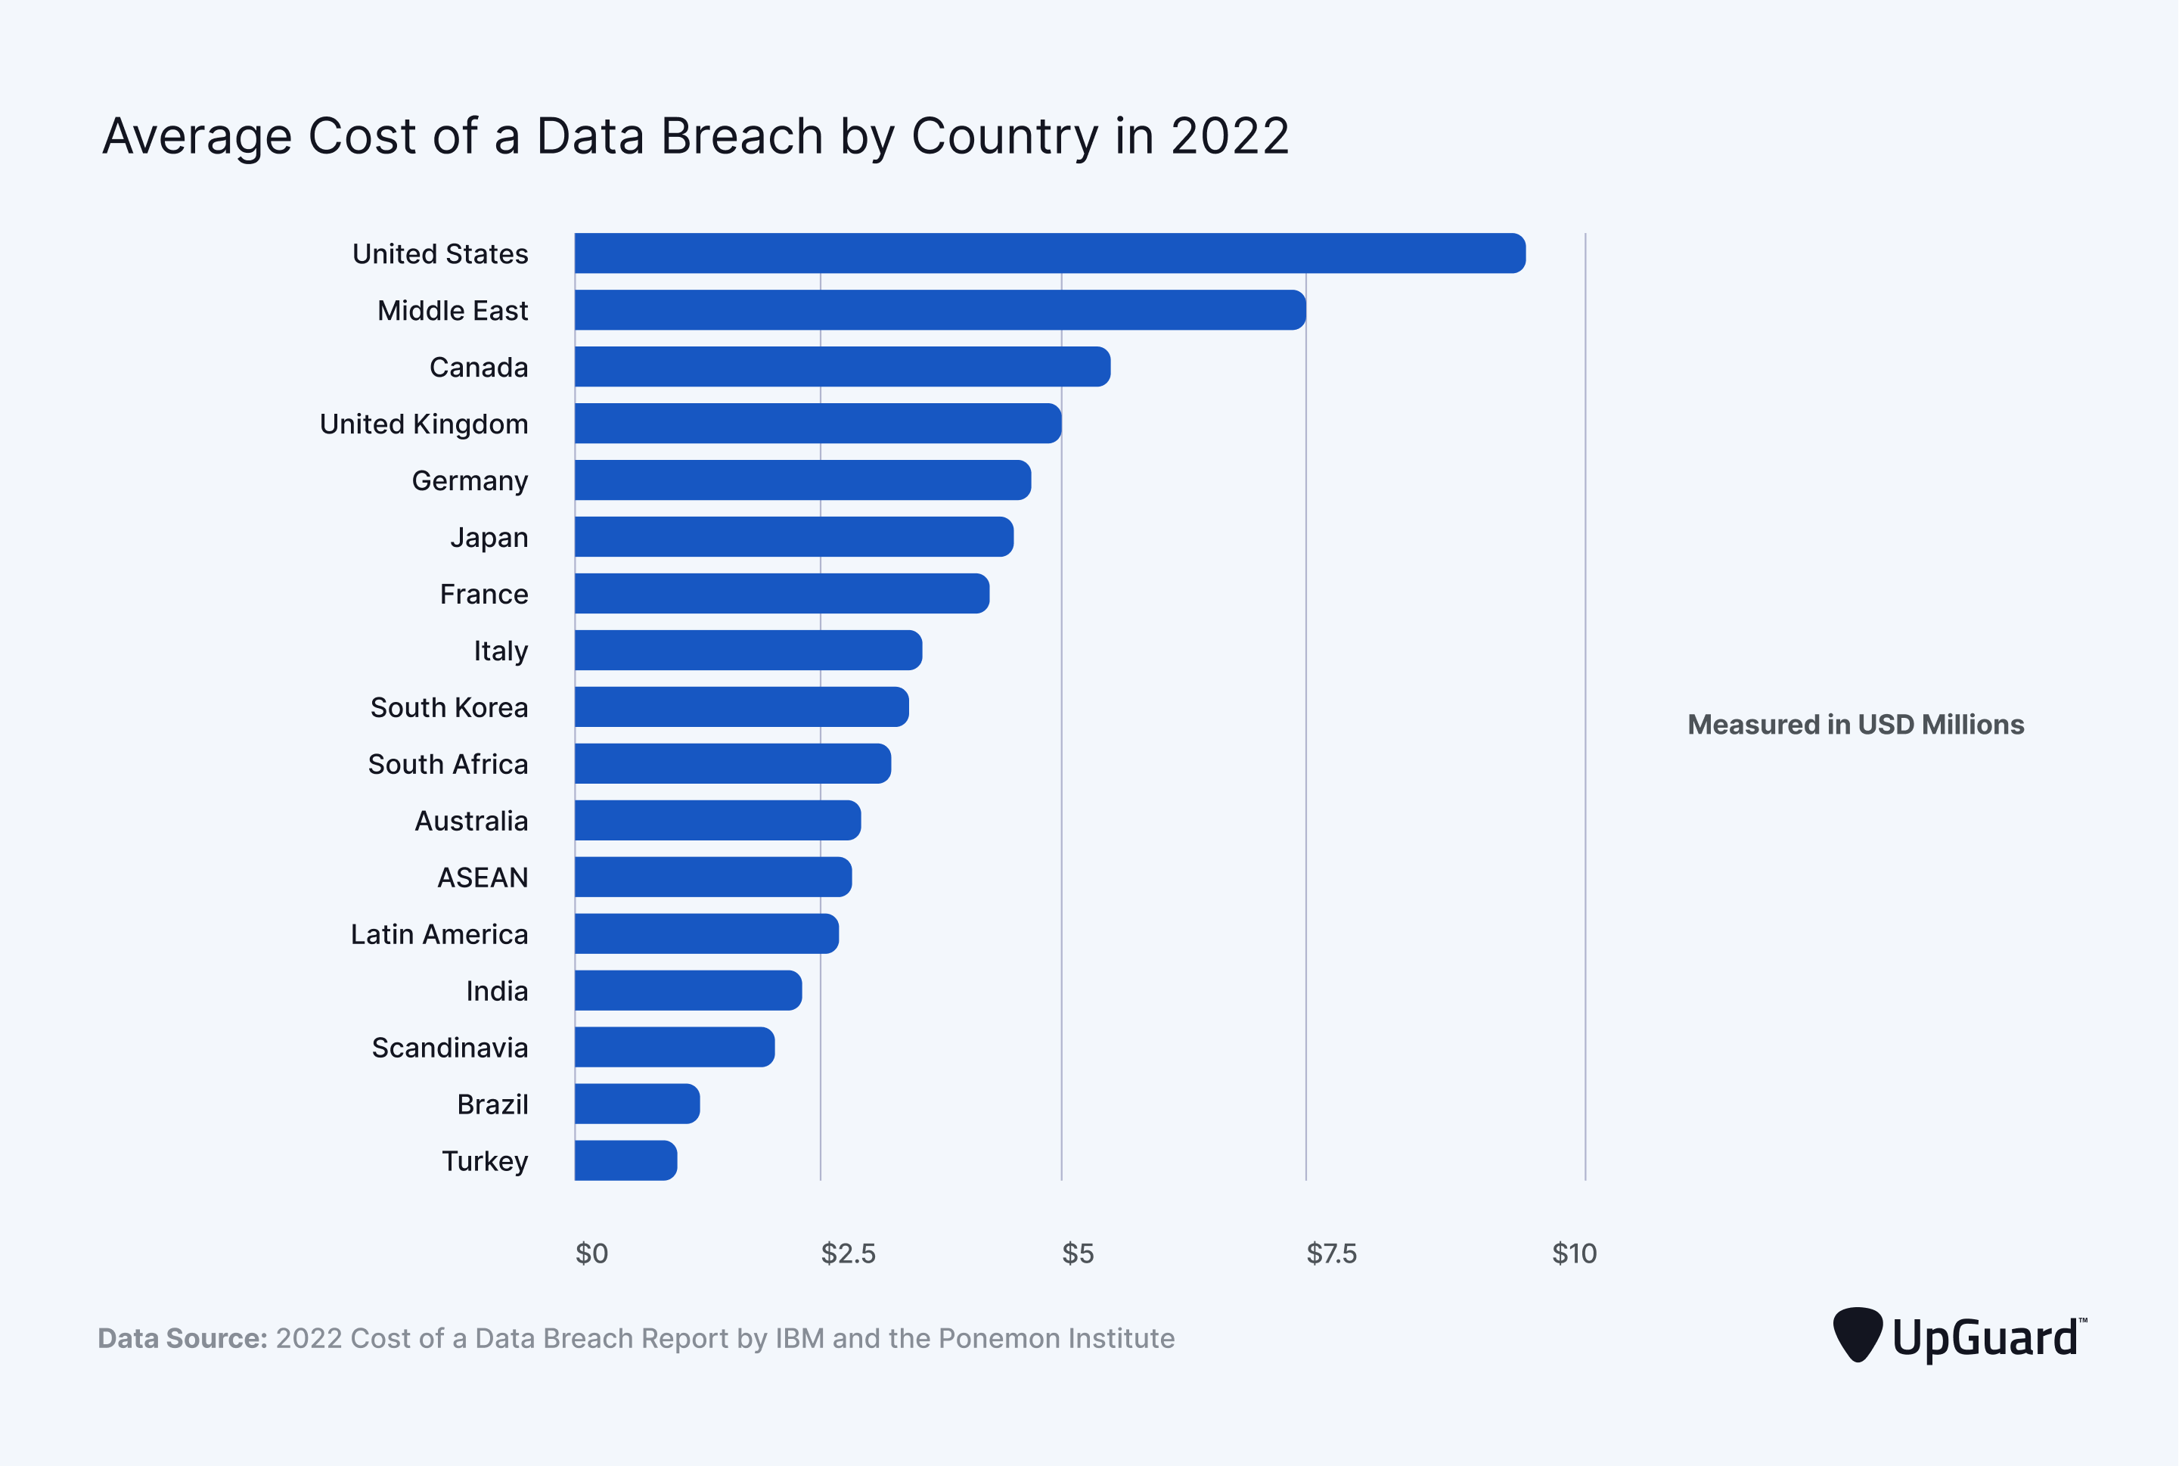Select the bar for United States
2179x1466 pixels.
pyautogui.click(x=1049, y=253)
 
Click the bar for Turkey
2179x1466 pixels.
pyautogui.click(x=625, y=1160)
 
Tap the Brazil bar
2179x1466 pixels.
pyautogui.click(x=637, y=1104)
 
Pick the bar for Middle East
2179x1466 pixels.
pyautogui.click(x=939, y=310)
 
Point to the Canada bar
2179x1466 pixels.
pyautogui.click(x=841, y=366)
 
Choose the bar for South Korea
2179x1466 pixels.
pyautogui.click(x=741, y=707)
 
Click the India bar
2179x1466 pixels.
pyautogui.click(x=688, y=990)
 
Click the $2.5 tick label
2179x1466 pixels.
pyautogui.click(x=848, y=1253)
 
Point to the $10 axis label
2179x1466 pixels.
pyautogui.click(x=1574, y=1253)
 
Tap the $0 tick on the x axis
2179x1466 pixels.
pyautogui.click(x=591, y=1253)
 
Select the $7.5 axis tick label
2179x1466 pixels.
pyautogui.click(x=1331, y=1253)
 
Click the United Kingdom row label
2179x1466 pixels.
pyautogui.click(x=424, y=424)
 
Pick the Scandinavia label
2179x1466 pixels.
pyautogui.click(x=449, y=1048)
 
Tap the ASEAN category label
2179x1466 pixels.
pyautogui.click(x=483, y=878)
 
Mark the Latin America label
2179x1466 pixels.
pyautogui.click(x=439, y=934)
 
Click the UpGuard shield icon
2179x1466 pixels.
pyautogui.click(x=1857, y=1335)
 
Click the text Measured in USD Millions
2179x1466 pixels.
pyautogui.click(x=1855, y=725)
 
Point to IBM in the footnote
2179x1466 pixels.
pyautogui.click(x=799, y=1339)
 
